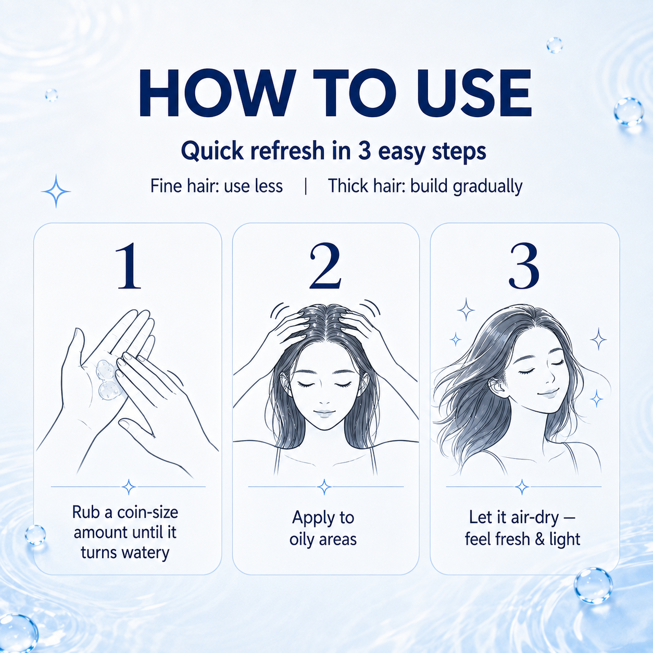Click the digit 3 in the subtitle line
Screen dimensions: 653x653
[x=364, y=151]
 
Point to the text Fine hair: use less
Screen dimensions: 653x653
[x=217, y=186]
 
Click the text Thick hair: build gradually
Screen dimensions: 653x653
[x=425, y=187]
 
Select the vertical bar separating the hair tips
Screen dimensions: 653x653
[x=306, y=187]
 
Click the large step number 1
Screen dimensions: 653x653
[x=128, y=266]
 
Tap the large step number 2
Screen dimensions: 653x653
[x=325, y=266]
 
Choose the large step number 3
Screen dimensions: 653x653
[x=523, y=266]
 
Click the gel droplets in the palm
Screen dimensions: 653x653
[x=108, y=379]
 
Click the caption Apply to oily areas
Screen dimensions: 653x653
[x=323, y=529]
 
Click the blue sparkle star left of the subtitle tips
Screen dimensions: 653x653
[x=56, y=191]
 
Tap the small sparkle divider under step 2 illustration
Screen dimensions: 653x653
[x=324, y=487]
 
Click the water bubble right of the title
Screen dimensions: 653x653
[x=629, y=111]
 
